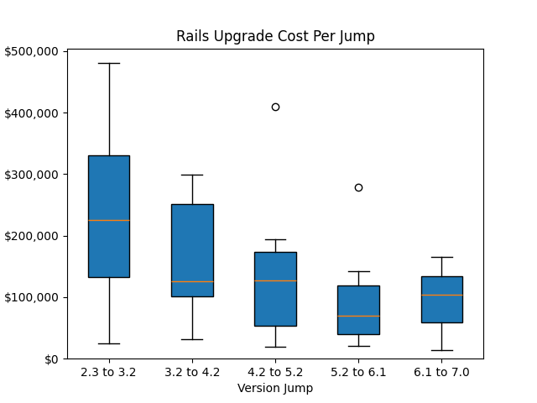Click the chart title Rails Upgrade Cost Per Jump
tap(275, 36)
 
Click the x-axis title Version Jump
tap(275, 388)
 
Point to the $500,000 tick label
tap(31, 51)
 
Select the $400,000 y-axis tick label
tap(31, 113)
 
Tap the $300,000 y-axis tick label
tap(31, 175)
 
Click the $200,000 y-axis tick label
tap(31, 236)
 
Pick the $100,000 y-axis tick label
tap(31, 297)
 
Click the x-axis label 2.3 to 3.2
tap(109, 372)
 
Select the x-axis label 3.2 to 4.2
tap(192, 372)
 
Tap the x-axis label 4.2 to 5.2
tap(275, 372)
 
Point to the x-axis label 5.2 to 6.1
tap(358, 372)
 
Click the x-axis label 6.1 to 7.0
tap(441, 372)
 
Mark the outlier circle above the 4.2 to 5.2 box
tap(275, 107)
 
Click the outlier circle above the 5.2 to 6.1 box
tap(358, 187)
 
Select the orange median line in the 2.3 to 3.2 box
tap(109, 220)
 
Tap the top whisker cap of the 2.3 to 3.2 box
tap(109, 63)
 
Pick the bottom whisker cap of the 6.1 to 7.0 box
tap(441, 350)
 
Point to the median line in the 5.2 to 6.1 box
tap(358, 316)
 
